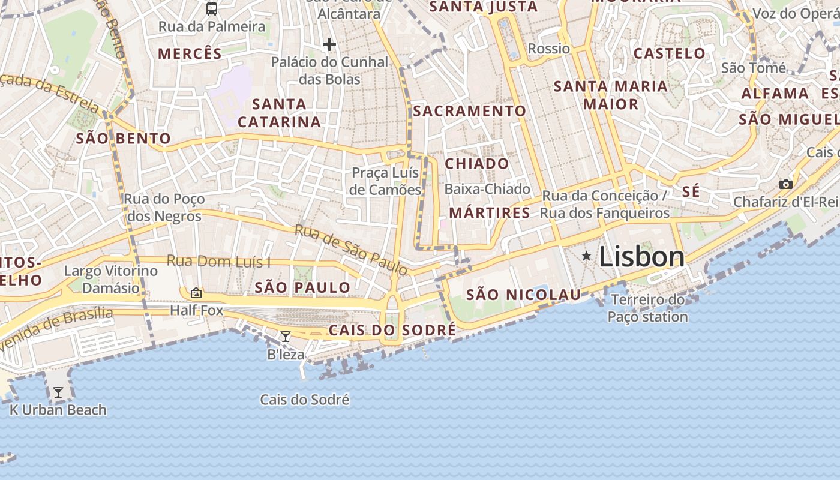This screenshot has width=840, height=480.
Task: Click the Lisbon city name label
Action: point(641,257)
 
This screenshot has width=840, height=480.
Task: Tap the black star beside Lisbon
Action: point(586,256)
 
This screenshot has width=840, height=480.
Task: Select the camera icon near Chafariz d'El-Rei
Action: point(785,184)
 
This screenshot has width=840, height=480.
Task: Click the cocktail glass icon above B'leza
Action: point(286,337)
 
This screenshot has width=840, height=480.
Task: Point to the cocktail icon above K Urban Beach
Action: point(58,392)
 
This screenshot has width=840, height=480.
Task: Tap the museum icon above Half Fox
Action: point(196,293)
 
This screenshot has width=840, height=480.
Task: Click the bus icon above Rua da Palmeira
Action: point(212,8)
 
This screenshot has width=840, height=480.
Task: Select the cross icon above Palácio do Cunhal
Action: point(329,44)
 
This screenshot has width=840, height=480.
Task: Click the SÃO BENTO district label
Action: point(124,139)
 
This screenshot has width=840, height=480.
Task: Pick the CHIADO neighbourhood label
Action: point(476,164)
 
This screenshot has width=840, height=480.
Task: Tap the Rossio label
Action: point(548,49)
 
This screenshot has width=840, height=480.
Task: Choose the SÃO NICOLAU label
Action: point(523,295)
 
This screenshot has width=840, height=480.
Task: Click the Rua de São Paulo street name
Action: point(351,250)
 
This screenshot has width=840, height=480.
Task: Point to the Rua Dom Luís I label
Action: point(218,262)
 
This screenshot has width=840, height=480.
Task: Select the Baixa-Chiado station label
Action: point(487,189)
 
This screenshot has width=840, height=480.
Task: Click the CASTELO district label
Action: point(670,53)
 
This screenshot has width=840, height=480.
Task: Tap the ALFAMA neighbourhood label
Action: point(775,94)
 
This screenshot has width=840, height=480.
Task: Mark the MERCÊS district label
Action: point(190,53)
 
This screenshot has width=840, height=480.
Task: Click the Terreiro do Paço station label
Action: point(647,308)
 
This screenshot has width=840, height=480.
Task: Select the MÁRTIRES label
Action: point(490,212)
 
